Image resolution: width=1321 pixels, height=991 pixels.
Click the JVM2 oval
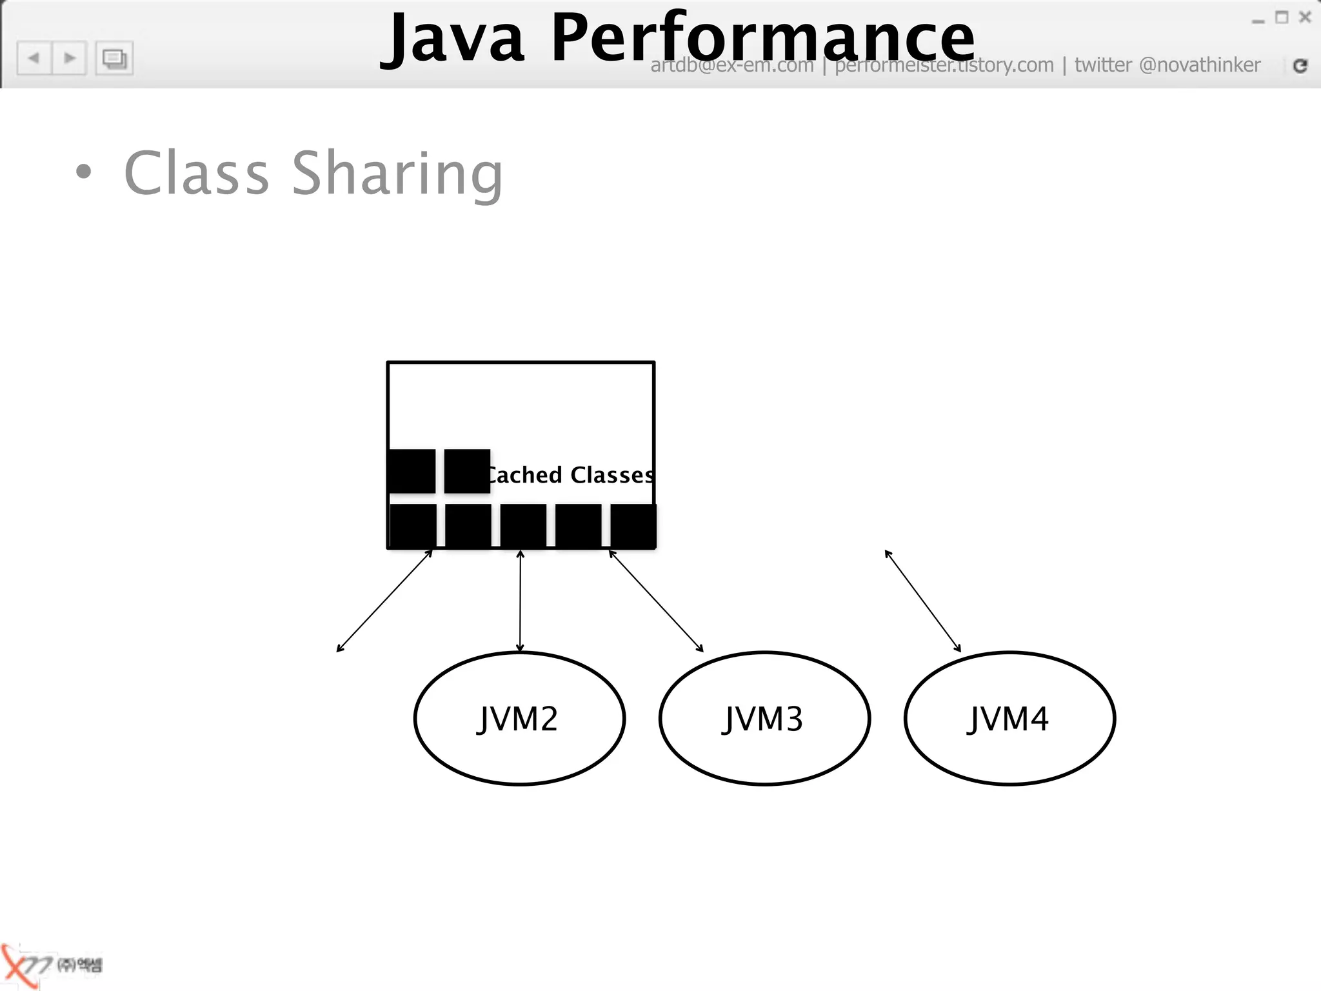[519, 718]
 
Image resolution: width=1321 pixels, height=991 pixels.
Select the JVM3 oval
[764, 718]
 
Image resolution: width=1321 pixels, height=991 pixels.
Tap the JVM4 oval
[1009, 718]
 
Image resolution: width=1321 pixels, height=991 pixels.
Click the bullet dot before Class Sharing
[83, 172]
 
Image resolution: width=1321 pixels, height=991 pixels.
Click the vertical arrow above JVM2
[521, 600]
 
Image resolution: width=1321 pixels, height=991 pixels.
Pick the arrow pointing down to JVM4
[923, 601]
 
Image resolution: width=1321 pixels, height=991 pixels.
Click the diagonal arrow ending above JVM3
[656, 601]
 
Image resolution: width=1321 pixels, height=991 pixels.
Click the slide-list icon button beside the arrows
[114, 59]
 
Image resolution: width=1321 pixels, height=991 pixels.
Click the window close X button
[1305, 17]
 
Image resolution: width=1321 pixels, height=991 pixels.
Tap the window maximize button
[1282, 17]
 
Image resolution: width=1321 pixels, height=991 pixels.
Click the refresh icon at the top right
[1300, 65]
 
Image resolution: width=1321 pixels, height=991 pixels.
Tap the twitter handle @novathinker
[1200, 65]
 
